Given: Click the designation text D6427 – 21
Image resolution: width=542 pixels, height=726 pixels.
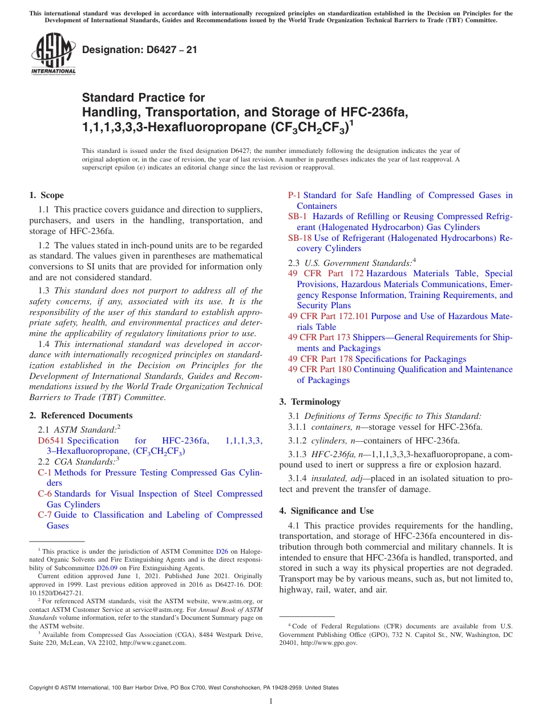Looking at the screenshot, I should point(140,50).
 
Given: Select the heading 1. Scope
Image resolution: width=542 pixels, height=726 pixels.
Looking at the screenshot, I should point(47,195).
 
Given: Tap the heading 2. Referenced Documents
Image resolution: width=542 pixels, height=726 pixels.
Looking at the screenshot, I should point(81,416).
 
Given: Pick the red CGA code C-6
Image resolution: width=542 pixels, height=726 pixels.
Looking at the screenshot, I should point(45,494).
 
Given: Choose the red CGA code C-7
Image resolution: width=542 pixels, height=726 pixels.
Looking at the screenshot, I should point(45,515).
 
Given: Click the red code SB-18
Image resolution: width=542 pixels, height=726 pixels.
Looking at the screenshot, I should point(300,238).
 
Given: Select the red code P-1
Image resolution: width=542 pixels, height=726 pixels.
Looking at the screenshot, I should point(294,195).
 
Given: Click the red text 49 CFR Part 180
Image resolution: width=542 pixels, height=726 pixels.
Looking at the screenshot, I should point(319,369).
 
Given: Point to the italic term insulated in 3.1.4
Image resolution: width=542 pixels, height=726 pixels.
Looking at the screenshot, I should point(328,479).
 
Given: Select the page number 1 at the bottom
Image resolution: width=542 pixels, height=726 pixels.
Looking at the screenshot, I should point(271,701).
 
